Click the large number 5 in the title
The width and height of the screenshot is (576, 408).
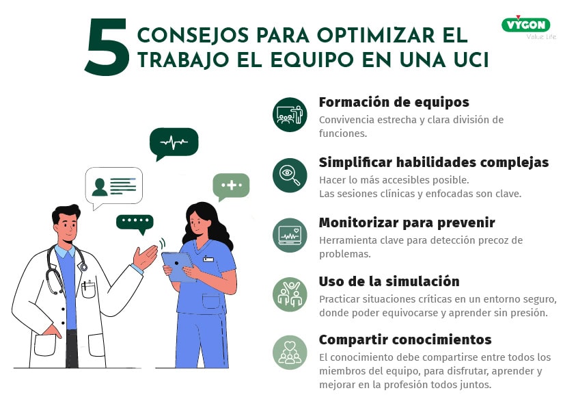click(x=107, y=47)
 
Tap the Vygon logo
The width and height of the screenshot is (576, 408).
click(x=526, y=25)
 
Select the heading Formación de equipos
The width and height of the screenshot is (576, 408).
click(x=394, y=102)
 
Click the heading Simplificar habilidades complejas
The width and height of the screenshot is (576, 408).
click(x=434, y=163)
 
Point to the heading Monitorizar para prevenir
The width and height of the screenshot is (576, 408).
click(x=407, y=222)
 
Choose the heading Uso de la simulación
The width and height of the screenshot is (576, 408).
click(x=389, y=281)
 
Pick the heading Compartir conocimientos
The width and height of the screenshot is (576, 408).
click(x=405, y=340)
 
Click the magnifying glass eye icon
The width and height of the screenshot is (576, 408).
click(x=290, y=175)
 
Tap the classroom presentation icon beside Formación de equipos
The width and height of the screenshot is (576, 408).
click(x=290, y=115)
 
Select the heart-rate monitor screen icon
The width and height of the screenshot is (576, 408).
click(x=290, y=235)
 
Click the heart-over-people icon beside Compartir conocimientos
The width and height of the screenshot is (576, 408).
click(x=290, y=353)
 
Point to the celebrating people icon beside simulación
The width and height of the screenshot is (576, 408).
click(x=290, y=294)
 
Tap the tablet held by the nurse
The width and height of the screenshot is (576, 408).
click(x=178, y=267)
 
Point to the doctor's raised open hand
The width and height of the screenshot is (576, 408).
click(x=145, y=257)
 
